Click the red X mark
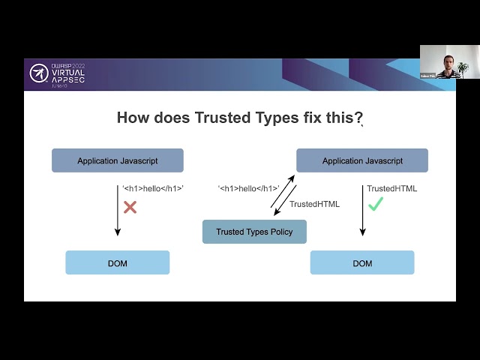point(130,206)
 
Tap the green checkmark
point(376,203)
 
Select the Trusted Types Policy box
point(254,232)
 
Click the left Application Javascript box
point(117,160)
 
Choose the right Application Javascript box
point(362,160)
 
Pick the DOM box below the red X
point(117,262)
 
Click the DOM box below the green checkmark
point(362,262)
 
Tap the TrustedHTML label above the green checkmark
point(391,188)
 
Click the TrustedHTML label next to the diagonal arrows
point(314,204)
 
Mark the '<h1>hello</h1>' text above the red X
point(153,188)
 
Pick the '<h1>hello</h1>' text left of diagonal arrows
point(248,188)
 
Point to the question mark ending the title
point(359,118)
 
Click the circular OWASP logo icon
point(39,73)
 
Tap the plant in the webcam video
point(463,68)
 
